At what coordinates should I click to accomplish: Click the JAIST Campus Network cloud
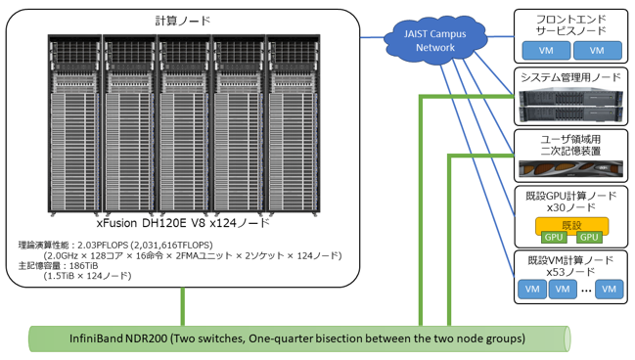[435, 40]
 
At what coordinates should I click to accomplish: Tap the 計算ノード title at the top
[183, 21]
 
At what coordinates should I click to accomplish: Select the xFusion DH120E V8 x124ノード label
[183, 223]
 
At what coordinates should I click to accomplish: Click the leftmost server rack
[74, 124]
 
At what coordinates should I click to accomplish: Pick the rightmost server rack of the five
[294, 124]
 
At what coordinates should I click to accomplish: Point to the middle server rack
[184, 124]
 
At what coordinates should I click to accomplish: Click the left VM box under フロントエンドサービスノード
[546, 51]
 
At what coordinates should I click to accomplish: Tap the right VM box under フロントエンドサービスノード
[598, 51]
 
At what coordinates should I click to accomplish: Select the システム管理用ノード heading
[570, 77]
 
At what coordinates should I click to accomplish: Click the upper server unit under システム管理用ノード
[570, 97]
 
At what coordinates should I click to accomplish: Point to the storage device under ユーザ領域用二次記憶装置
[570, 169]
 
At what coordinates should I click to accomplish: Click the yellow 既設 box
[571, 226]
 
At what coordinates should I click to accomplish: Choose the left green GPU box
[554, 238]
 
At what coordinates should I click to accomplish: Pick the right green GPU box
[589, 238]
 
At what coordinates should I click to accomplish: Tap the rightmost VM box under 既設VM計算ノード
[610, 290]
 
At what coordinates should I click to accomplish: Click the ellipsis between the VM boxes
[586, 291]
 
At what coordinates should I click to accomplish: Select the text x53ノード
[570, 272]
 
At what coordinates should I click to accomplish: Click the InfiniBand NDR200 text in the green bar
[118, 338]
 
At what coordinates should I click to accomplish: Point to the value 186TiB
[83, 266]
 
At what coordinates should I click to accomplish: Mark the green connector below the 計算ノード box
[183, 306]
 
